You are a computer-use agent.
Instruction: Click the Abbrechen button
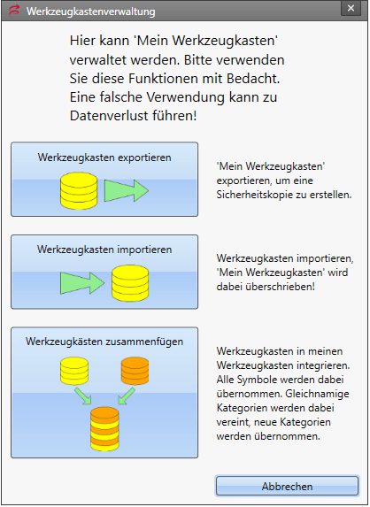tap(287, 486)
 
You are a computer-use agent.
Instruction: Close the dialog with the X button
tap(351, 9)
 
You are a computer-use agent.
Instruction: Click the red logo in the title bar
tap(14, 11)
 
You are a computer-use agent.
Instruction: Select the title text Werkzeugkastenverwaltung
tap(91, 12)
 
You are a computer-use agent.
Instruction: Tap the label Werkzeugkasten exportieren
tap(104, 157)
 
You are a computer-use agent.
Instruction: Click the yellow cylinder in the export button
tap(79, 191)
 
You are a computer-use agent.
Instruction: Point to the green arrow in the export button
tap(126, 191)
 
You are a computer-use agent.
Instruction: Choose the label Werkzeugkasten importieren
tap(104, 250)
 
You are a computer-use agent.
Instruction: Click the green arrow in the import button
tap(82, 283)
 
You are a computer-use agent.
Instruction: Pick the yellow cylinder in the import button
tap(130, 283)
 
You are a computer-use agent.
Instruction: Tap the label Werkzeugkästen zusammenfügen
tap(104, 342)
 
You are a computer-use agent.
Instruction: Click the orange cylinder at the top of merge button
tap(135, 371)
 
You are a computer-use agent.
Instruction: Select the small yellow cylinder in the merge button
tap(74, 371)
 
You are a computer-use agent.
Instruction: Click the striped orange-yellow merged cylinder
tap(104, 429)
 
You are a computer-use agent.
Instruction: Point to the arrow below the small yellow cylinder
tap(83, 396)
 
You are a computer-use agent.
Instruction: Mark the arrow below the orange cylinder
tap(127, 396)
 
